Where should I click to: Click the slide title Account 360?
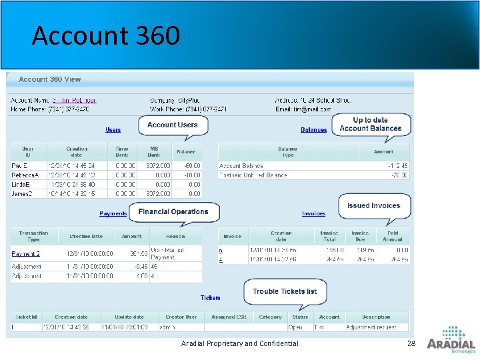pyautogui.click(x=105, y=35)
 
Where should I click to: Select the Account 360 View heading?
pyautogui.click(x=50, y=79)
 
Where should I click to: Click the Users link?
pyautogui.click(x=113, y=130)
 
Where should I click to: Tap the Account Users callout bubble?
pyautogui.click(x=173, y=125)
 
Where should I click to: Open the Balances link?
pyautogui.click(x=313, y=130)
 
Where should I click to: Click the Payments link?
pyautogui.click(x=113, y=214)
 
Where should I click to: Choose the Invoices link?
pyautogui.click(x=313, y=214)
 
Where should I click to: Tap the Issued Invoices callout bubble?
pyautogui.click(x=373, y=206)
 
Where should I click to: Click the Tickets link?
pyautogui.click(x=210, y=298)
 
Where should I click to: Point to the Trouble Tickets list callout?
pyautogui.click(x=285, y=291)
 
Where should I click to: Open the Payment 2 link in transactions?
pyautogui.click(x=26, y=254)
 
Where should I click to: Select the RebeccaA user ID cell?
pyautogui.click(x=26, y=175)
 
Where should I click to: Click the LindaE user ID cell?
pyautogui.click(x=23, y=184)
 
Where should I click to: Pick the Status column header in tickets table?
pyautogui.click(x=300, y=317)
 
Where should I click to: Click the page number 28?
pyautogui.click(x=411, y=343)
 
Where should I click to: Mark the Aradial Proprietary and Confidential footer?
pyautogui.click(x=239, y=343)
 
